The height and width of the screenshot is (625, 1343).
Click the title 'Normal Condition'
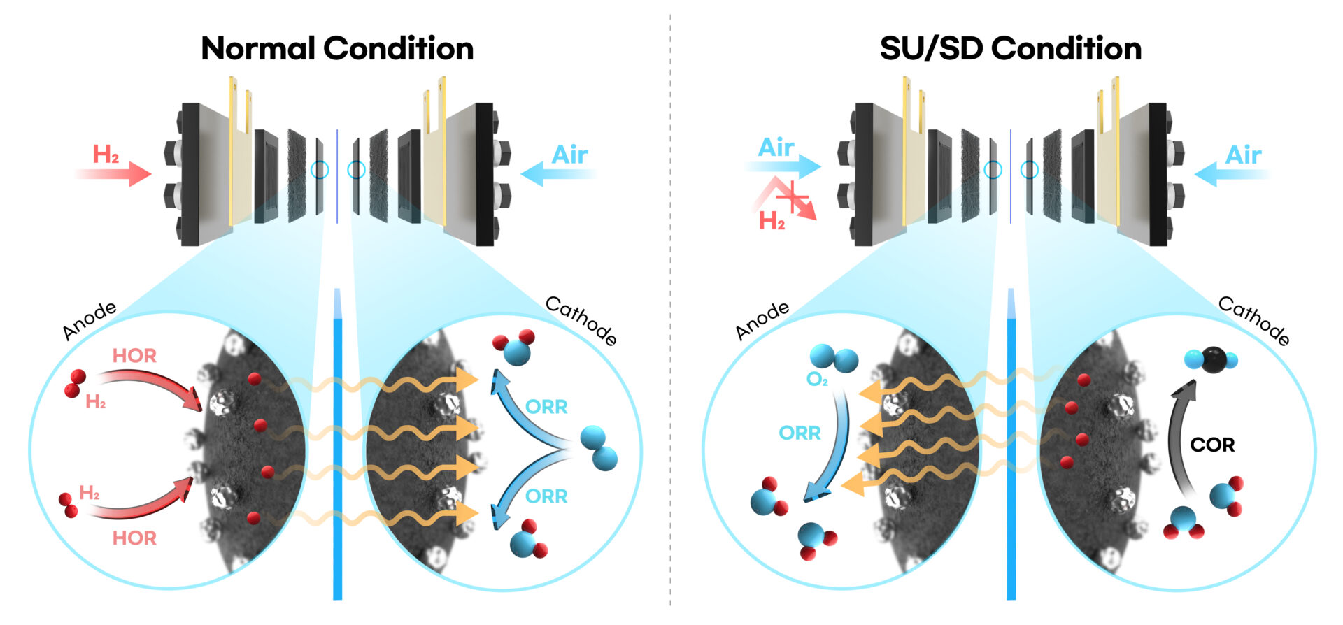[337, 48]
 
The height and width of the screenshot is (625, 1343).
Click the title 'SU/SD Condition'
[1010, 48]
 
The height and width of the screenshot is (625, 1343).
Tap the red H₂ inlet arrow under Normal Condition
[115, 174]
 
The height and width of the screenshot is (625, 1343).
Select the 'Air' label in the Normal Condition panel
[569, 155]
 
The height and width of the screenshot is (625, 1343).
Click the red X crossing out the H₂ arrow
[793, 199]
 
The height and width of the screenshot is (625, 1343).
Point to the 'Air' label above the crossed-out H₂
[776, 148]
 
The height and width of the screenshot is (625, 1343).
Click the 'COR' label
[1212, 445]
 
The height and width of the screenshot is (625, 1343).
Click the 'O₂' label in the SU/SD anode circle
[817, 380]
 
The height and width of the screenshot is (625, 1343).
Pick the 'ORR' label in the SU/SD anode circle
[800, 433]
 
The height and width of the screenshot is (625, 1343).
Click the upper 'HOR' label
[134, 355]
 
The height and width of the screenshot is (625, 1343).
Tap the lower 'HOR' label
[134, 538]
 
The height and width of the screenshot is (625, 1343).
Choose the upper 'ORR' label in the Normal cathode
[546, 406]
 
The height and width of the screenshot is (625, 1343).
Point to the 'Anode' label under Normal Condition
[89, 321]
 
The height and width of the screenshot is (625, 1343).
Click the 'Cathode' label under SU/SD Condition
[1254, 320]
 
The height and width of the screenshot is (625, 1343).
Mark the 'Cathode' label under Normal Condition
[581, 320]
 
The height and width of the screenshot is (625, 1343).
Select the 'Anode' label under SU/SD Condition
[762, 321]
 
